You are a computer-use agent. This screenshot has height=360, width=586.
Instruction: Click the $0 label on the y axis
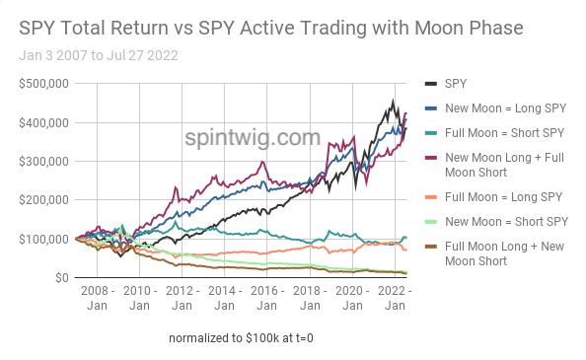[58, 277]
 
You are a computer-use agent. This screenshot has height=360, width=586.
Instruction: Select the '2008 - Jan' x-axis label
[97, 300]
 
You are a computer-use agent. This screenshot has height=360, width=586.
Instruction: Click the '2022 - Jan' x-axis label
[394, 300]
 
